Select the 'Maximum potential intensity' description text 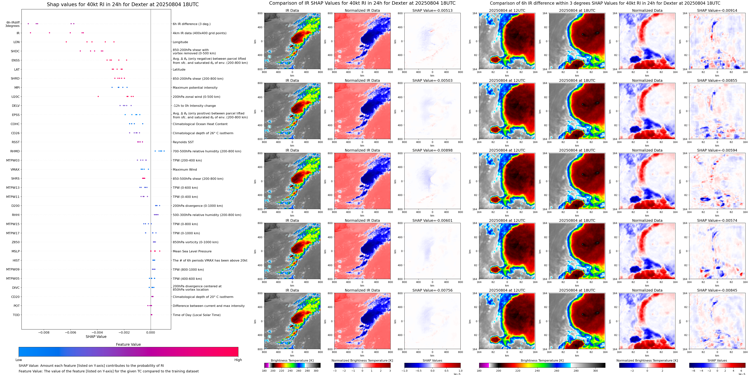195,88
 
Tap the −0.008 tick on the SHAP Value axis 44,332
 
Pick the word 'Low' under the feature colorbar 19,360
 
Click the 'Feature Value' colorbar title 128,344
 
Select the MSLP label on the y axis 16,251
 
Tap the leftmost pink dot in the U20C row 98,97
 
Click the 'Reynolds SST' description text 183,142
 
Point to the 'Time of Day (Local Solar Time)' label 196,315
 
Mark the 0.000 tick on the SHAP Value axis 151,332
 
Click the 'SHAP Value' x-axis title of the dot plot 96,337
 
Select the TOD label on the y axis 16,315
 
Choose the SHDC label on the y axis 15,51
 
